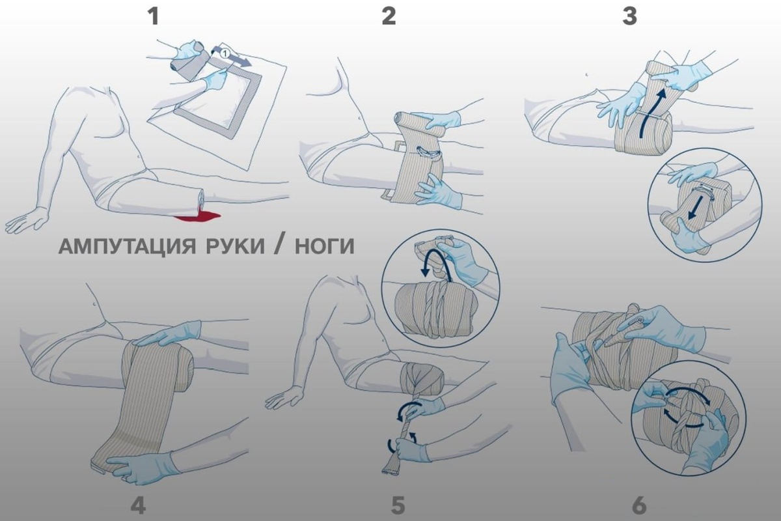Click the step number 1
click(153, 15)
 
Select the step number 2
click(389, 15)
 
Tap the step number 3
click(629, 15)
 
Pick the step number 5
click(398, 505)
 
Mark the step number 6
click(639, 505)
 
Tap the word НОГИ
click(322, 247)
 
